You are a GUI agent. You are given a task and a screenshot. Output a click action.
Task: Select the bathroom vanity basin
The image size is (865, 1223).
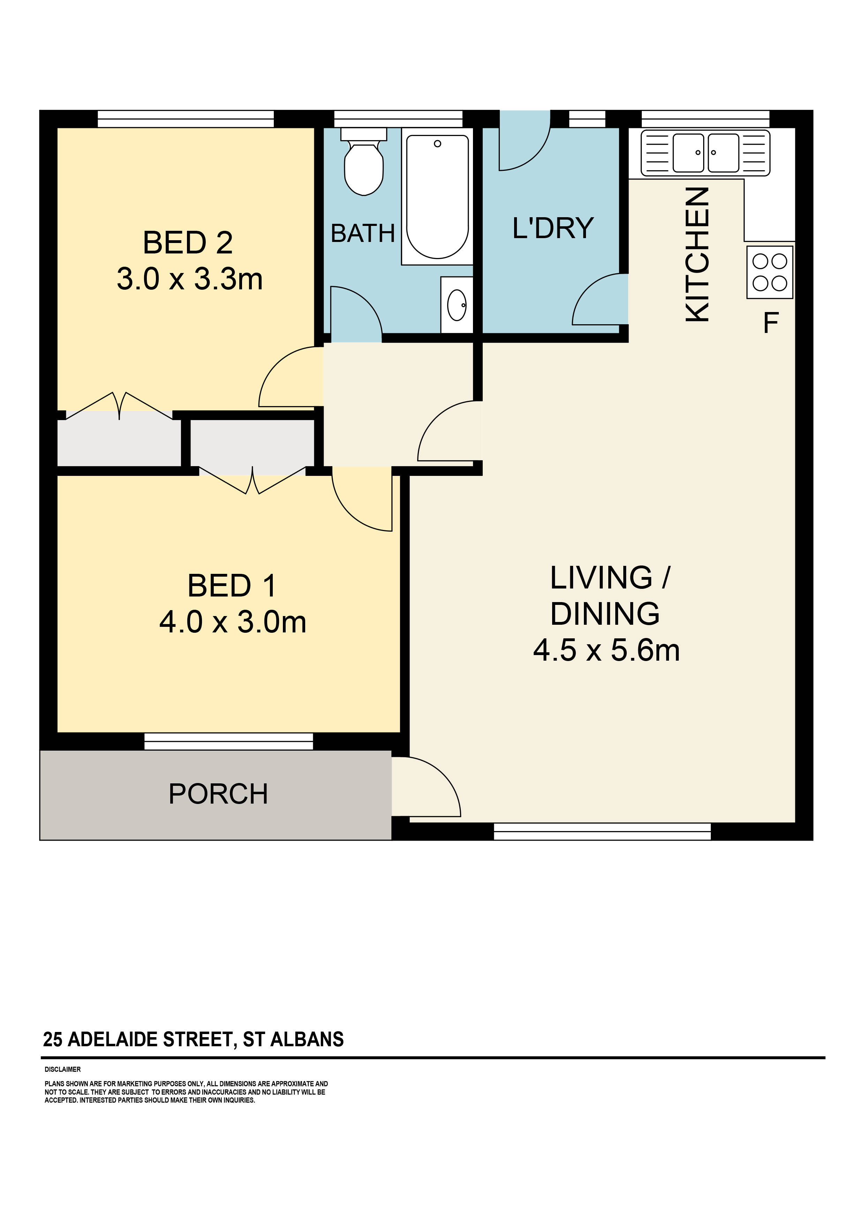[457, 305]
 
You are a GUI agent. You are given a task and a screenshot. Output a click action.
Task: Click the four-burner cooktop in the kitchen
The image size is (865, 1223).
[769, 272]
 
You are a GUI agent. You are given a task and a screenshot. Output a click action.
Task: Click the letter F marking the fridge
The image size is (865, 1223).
[771, 323]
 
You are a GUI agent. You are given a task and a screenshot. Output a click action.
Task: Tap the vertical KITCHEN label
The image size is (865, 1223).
[698, 254]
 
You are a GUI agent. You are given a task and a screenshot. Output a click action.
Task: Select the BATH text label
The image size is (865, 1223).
[362, 233]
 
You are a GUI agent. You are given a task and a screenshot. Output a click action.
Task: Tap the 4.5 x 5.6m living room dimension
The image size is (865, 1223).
[607, 651]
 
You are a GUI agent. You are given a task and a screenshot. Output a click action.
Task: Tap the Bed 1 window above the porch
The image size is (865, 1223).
[229, 742]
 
